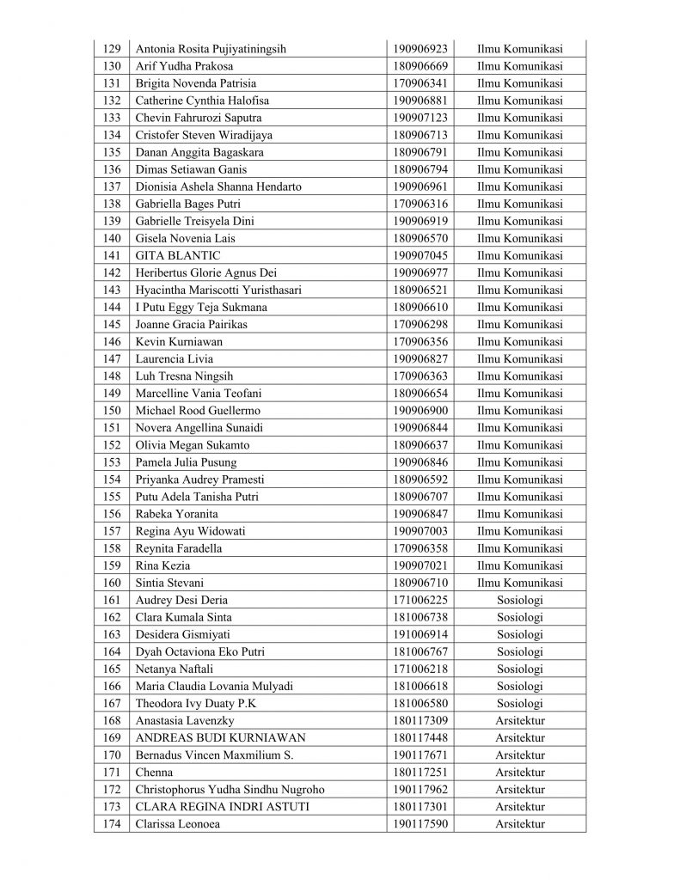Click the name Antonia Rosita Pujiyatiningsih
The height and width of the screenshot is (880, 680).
[211, 49]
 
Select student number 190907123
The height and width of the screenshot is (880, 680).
[420, 118]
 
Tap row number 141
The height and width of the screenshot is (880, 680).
[111, 255]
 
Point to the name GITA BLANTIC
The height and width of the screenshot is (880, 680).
[178, 255]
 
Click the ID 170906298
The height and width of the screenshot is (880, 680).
[420, 325]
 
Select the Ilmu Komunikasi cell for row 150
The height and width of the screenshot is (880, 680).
[519, 411]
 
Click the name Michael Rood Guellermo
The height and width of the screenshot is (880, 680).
[198, 411]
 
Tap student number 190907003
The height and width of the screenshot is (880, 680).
[420, 531]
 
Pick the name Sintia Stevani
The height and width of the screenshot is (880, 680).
[169, 583]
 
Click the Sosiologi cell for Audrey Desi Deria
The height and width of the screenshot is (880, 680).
[519, 600]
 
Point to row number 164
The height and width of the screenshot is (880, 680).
[111, 651]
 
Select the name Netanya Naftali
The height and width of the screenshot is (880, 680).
[172, 669]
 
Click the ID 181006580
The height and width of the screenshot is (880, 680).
[420, 703]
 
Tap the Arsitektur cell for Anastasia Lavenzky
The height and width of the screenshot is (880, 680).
[519, 720]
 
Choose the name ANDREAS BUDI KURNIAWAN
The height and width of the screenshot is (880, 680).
[220, 737]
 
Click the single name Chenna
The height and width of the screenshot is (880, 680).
[154, 772]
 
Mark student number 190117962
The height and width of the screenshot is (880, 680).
[420, 789]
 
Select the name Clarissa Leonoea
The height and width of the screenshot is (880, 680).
[177, 824]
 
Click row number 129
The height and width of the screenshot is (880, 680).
[111, 49]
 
